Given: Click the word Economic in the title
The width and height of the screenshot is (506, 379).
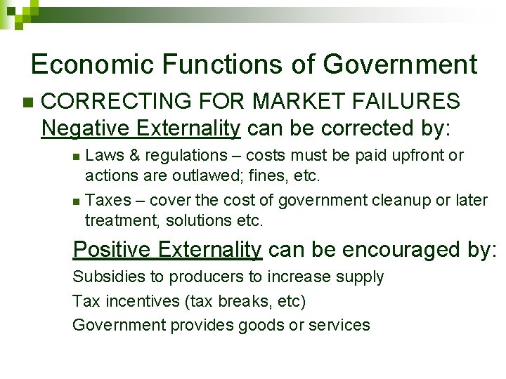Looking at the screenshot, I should [x=93, y=65].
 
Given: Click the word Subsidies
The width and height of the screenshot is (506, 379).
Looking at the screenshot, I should [x=105, y=277].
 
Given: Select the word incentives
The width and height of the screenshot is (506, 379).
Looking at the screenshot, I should [x=137, y=301].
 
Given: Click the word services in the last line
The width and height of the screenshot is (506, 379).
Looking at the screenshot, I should [x=339, y=325].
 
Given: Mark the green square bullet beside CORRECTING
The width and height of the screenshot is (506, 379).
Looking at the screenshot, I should [x=27, y=102].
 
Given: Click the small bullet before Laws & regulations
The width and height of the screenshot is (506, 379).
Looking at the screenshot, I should [x=77, y=155].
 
